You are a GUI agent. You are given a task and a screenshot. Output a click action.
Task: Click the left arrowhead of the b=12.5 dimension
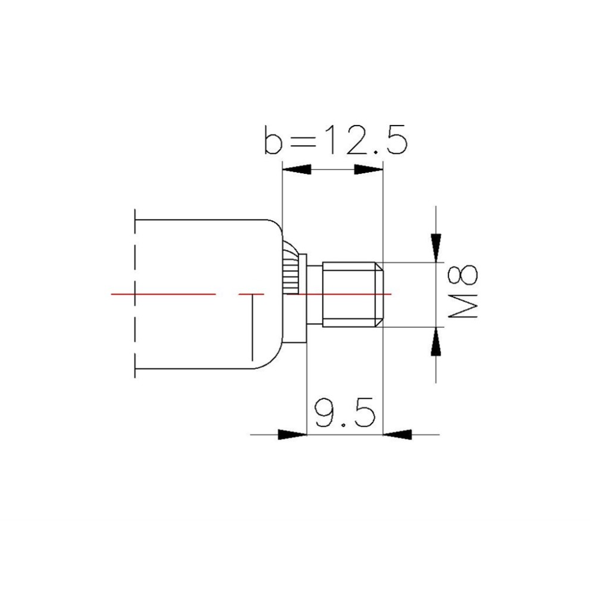click(x=296, y=170)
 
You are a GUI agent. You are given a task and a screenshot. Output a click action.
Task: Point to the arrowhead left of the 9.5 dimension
click(x=293, y=434)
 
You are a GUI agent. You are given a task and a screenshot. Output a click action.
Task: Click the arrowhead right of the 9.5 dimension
click(x=396, y=434)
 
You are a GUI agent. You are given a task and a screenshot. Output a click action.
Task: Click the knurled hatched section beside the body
click(x=290, y=271)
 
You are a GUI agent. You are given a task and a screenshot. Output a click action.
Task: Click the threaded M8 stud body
click(x=348, y=294)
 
